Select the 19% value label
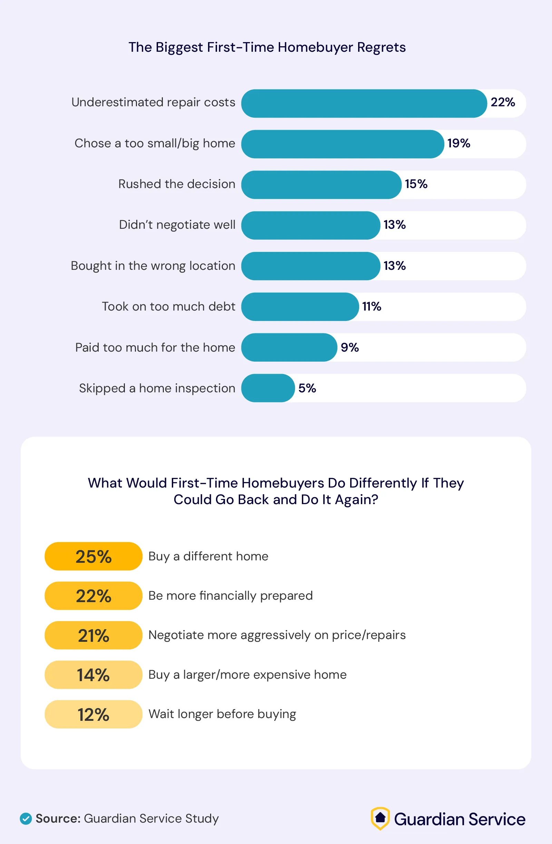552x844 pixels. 459,143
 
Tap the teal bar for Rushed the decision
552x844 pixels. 321,185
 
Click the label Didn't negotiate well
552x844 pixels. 177,225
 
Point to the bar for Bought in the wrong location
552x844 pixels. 310,266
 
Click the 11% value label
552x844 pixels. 371,306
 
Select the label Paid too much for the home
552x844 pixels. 155,347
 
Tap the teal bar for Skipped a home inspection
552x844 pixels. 268,388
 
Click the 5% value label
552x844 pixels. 307,388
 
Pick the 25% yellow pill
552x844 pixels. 93,556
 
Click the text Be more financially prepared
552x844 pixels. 230,596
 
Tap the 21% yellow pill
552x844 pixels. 93,635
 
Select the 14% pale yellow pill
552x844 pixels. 93,675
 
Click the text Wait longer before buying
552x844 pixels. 222,714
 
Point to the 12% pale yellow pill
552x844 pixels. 93,714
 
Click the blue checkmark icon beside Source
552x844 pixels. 26,819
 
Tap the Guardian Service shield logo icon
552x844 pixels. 380,818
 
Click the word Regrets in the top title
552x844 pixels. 381,47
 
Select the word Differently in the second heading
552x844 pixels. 383,483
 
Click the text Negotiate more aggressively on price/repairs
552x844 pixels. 277,635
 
